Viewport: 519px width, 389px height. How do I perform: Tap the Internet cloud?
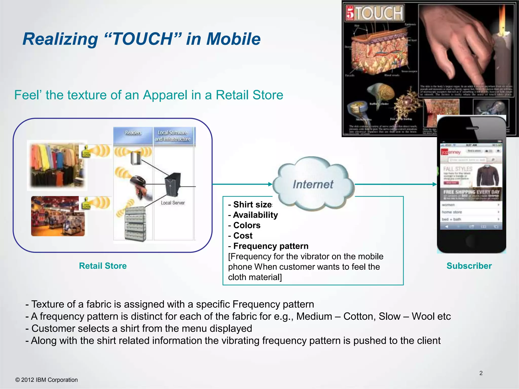click(x=313, y=184)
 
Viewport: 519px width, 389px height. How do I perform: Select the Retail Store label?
click(x=103, y=266)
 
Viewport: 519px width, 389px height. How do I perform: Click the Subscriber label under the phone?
click(x=469, y=266)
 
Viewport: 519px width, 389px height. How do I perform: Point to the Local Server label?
click(x=173, y=203)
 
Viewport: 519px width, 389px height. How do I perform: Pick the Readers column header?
click(x=133, y=133)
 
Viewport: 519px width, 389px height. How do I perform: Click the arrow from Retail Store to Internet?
click(x=242, y=184)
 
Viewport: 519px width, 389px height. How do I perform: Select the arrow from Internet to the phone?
click(x=395, y=184)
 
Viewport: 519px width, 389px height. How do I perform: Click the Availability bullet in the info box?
click(x=255, y=215)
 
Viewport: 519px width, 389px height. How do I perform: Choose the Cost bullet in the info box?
click(x=243, y=236)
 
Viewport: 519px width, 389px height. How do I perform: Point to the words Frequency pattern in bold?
click(x=271, y=246)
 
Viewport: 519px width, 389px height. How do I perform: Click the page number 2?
click(x=481, y=373)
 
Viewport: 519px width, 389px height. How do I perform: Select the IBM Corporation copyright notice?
click(x=47, y=380)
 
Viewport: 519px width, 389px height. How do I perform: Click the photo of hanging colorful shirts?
click(x=57, y=165)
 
